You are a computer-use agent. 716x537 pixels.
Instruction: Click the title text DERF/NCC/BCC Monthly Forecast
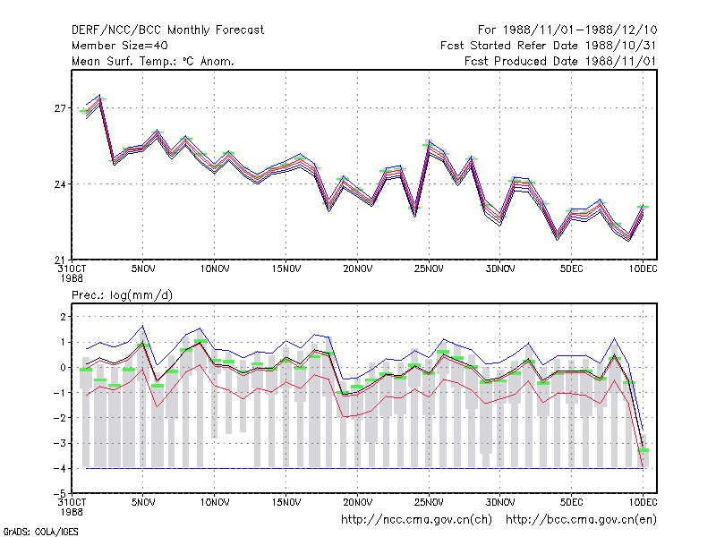coord(167,30)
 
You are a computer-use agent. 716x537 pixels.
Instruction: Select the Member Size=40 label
coord(120,46)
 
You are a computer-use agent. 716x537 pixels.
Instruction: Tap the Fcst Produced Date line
coord(560,61)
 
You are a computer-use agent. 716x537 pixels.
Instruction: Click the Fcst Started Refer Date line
coord(548,46)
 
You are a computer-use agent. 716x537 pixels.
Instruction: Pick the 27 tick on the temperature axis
coord(60,108)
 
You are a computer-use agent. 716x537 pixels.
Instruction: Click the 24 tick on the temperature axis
coord(60,184)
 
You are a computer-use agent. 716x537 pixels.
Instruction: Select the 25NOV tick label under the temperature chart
coord(429,269)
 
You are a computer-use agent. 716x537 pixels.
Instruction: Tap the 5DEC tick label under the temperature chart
coord(571,269)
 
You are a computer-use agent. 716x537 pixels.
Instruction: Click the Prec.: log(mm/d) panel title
coord(122,295)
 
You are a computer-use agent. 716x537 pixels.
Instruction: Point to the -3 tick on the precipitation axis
coord(60,443)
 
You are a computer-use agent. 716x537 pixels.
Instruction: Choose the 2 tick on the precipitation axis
coord(63,317)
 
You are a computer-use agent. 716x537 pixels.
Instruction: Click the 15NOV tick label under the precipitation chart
coord(286,502)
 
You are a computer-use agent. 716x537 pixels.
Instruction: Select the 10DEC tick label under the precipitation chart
coord(643,502)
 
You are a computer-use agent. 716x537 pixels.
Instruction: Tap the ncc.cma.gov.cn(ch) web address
coord(416,520)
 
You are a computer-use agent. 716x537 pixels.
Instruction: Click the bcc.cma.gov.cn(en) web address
coord(581,520)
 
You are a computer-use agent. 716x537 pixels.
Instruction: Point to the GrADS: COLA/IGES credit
coord(40,532)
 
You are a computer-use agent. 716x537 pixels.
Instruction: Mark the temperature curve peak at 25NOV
coord(429,141)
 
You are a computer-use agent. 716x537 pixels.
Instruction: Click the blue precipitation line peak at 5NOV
coord(143,326)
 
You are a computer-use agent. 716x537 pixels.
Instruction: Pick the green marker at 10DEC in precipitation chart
coord(643,450)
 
